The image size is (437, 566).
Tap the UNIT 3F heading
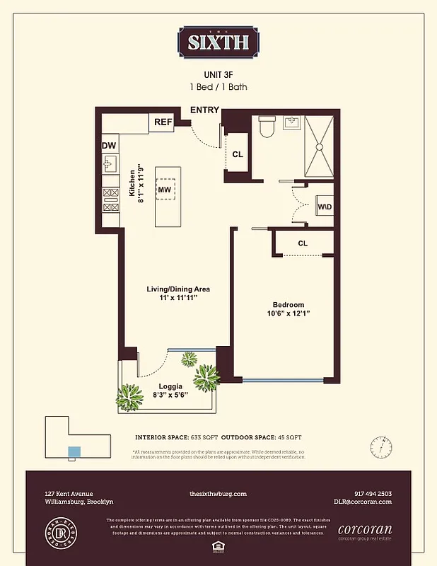tap(218, 74)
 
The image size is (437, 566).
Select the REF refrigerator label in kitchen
tap(163, 122)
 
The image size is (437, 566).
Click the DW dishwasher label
tap(109, 146)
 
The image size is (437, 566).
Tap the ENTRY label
tap(204, 110)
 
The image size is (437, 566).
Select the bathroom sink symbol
tap(293, 122)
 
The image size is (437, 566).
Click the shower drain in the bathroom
tap(319, 146)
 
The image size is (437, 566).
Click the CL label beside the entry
tap(238, 156)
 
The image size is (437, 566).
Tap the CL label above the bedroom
tap(303, 243)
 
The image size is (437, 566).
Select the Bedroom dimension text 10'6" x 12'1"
tap(289, 313)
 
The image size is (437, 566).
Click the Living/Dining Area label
tap(178, 289)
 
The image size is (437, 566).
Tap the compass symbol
tap(381, 447)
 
